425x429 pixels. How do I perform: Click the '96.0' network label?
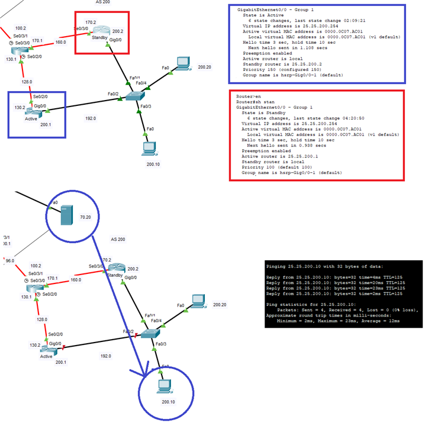[9, 260]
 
